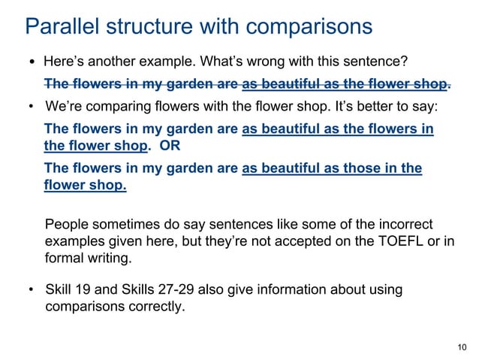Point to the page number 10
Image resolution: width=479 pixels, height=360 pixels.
[461, 346]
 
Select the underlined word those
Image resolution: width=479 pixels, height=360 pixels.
[350, 168]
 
